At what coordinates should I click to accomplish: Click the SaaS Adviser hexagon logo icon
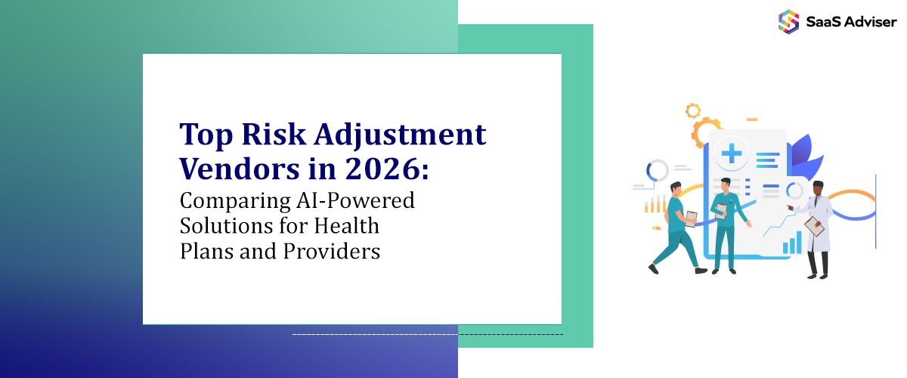pyautogui.click(x=788, y=21)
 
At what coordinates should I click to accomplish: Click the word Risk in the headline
pyautogui.click(x=268, y=135)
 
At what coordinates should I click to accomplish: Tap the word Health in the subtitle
pyautogui.click(x=347, y=226)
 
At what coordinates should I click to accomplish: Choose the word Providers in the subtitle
pyautogui.click(x=332, y=250)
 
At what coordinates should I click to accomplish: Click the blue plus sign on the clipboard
pyautogui.click(x=732, y=154)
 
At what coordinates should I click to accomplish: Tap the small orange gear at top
pyautogui.click(x=693, y=111)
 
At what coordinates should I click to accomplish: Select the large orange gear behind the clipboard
pyautogui.click(x=707, y=132)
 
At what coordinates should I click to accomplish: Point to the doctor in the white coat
pyautogui.click(x=817, y=227)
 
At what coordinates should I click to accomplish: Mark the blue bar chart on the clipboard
pyautogui.click(x=792, y=243)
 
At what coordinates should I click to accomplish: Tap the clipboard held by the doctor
pyautogui.click(x=813, y=226)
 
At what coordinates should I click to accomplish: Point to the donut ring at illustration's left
pyautogui.click(x=658, y=171)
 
